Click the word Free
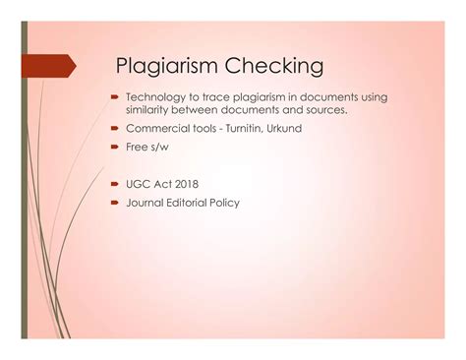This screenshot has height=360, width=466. click(x=137, y=148)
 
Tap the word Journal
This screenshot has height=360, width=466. click(x=146, y=203)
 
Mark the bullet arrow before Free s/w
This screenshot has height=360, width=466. click(x=115, y=148)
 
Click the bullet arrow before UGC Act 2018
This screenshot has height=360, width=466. click(x=115, y=184)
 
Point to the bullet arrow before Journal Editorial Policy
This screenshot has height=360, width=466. click(x=115, y=203)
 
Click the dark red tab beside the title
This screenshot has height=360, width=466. click(x=49, y=66)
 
